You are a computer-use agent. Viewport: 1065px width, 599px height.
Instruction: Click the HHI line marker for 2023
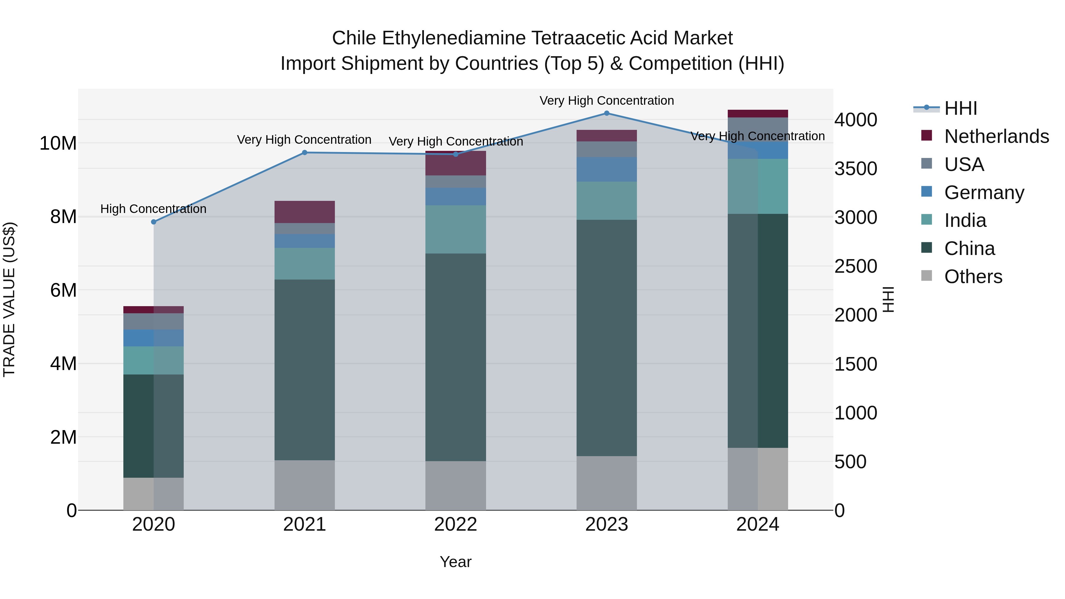[x=606, y=113]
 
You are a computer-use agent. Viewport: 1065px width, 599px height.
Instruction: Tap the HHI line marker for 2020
[x=154, y=222]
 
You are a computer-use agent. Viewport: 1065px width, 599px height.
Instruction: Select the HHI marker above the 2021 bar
[x=305, y=153]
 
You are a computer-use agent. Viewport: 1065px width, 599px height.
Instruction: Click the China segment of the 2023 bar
[x=606, y=338]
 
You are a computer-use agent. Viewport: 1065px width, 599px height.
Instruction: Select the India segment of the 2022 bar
[x=456, y=230]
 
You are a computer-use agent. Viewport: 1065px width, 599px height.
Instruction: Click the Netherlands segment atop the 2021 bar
[x=305, y=212]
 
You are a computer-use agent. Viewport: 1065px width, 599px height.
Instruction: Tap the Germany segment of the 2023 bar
[x=606, y=169]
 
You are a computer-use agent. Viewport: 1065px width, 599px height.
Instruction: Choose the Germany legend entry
[x=984, y=193]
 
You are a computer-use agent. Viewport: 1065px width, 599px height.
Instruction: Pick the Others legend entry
[x=973, y=277]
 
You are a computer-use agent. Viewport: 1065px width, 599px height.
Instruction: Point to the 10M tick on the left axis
[x=58, y=143]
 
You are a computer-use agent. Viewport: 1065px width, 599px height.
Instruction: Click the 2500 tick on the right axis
[x=855, y=266]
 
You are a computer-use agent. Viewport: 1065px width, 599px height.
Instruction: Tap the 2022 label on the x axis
[x=456, y=524]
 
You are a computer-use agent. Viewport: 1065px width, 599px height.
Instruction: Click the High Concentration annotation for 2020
[x=153, y=209]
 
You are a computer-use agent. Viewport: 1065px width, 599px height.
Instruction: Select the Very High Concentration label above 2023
[x=606, y=101]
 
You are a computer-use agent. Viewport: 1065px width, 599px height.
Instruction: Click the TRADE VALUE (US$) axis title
[x=9, y=299]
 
